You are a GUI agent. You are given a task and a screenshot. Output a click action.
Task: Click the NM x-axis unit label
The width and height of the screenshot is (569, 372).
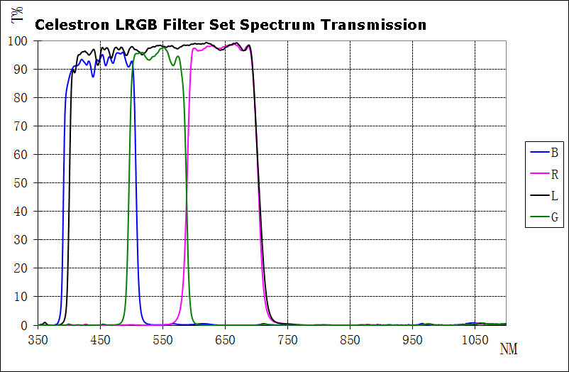click(508, 349)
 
